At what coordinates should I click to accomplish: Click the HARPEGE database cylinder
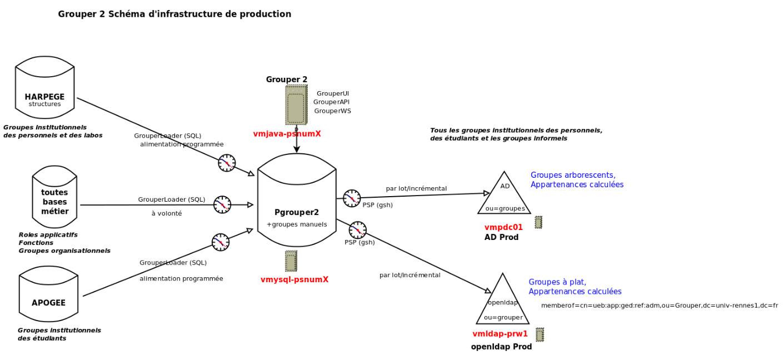[44, 87]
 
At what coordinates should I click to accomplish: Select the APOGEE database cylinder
[48, 294]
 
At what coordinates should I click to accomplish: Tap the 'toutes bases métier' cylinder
[54, 197]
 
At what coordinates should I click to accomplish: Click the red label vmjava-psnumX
[287, 134]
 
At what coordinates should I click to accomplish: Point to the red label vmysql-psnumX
[294, 279]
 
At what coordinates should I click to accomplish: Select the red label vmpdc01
[503, 227]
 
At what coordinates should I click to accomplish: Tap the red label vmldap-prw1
[500, 334]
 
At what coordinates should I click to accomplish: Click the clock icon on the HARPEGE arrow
[227, 163]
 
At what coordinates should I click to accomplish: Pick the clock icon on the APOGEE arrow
[221, 242]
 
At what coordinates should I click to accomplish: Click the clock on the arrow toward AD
[352, 198]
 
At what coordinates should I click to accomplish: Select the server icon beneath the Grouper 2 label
[296, 105]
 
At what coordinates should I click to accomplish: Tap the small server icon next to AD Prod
[538, 222]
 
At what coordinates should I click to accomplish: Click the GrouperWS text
[332, 111]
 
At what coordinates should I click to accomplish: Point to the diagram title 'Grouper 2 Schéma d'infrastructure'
[174, 14]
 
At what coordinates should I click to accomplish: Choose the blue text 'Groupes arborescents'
[573, 175]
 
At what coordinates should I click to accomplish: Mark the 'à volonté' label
[167, 213]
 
